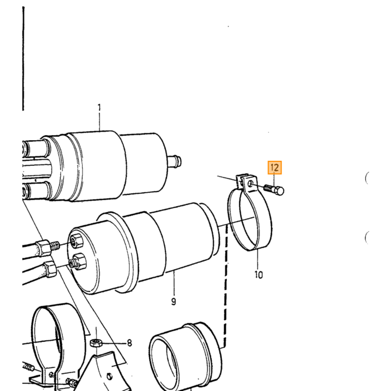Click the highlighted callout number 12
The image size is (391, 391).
click(275, 168)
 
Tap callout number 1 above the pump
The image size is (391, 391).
click(99, 107)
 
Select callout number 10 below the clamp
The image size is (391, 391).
click(259, 275)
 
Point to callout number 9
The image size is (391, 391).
click(174, 302)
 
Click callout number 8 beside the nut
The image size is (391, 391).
click(129, 343)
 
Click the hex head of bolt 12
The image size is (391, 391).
click(280, 191)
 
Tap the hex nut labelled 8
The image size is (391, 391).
click(96, 343)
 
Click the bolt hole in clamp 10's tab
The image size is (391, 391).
click(250, 184)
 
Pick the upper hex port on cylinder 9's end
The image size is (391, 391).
click(76, 241)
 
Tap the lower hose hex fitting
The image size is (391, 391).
click(50, 269)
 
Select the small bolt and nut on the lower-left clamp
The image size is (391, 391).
click(71, 382)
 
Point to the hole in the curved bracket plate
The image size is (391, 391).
click(109, 376)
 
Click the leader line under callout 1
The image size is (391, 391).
click(99, 122)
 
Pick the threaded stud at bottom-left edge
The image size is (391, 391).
click(28, 366)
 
